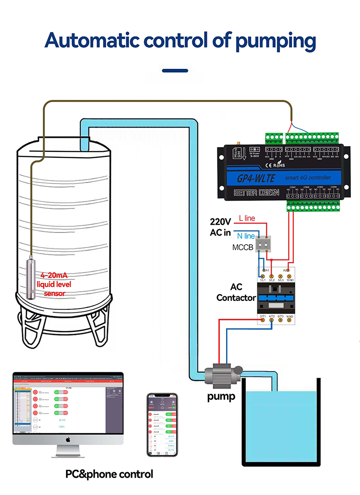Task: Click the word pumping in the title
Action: pos(275,41)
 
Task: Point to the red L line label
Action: pos(247,218)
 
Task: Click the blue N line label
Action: pos(246,236)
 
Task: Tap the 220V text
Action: pos(221,222)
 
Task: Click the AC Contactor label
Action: pos(236,293)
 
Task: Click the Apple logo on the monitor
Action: pos(67,439)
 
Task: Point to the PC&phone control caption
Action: pos(109,474)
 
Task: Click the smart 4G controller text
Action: pos(308,177)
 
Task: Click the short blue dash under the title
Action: pos(175,71)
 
